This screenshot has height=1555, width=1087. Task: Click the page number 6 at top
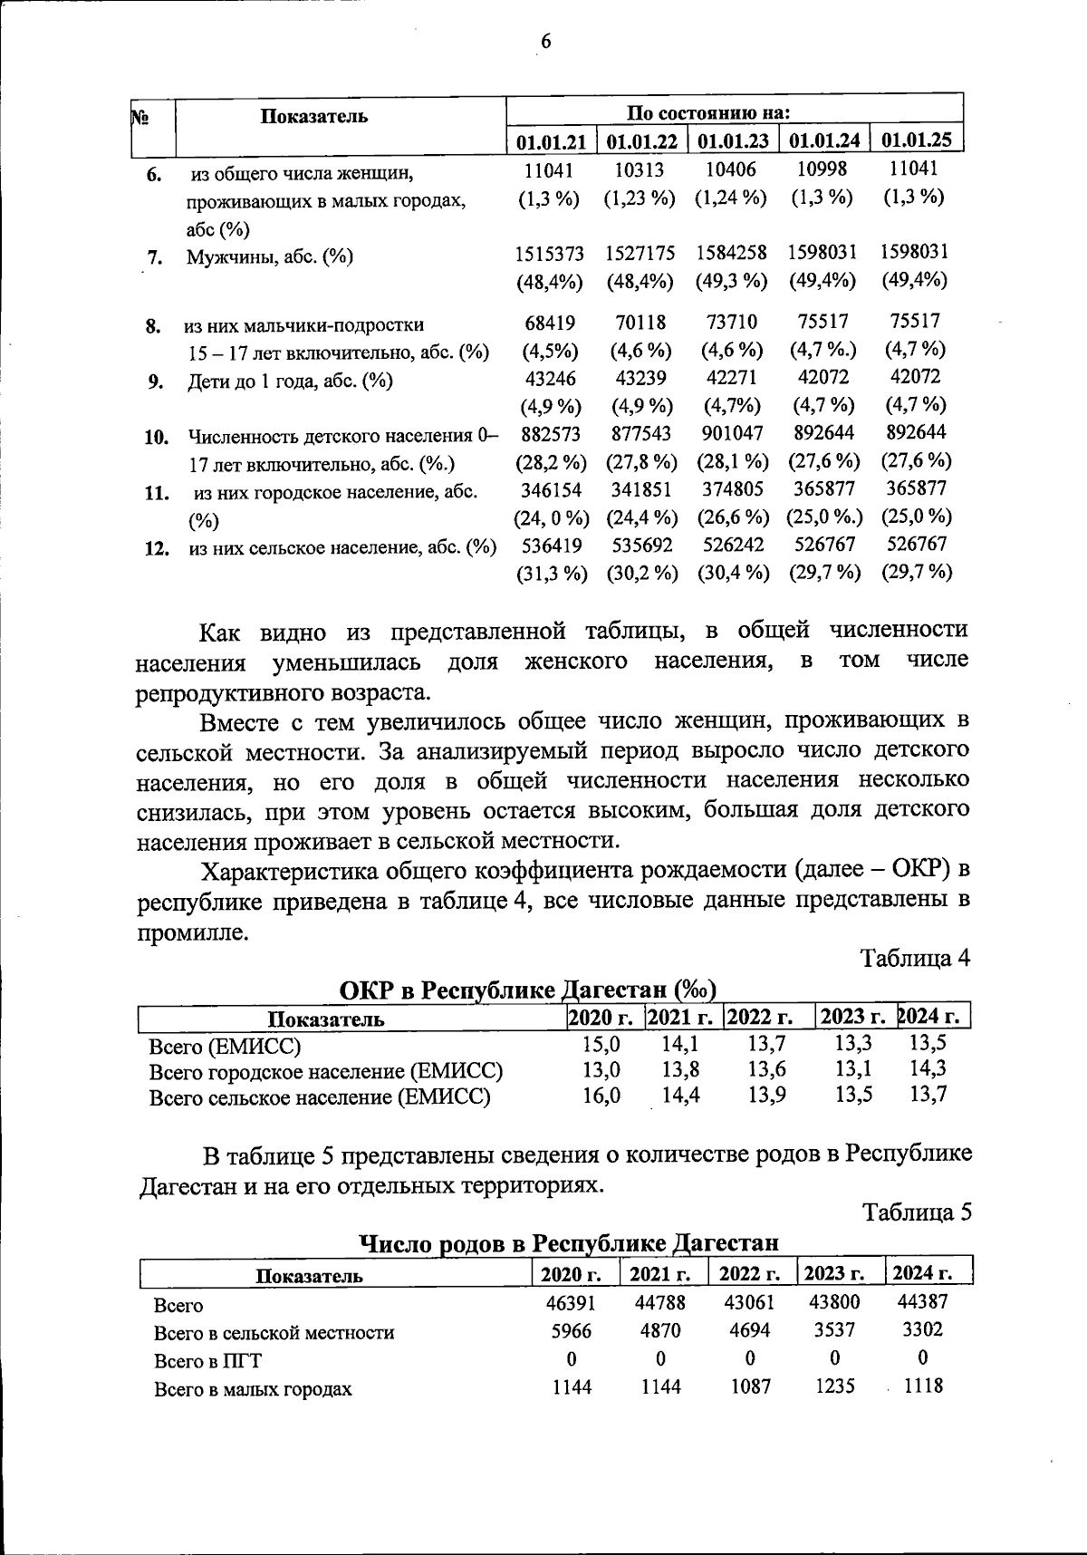point(545,42)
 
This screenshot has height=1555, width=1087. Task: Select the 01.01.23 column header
point(733,140)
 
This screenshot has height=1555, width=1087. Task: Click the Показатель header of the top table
point(314,116)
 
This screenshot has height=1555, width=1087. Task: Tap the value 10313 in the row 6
point(640,169)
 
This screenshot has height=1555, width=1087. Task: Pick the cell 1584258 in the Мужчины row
point(732,253)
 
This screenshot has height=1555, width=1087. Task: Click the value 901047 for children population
point(732,433)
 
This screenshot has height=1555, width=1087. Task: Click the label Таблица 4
point(915,959)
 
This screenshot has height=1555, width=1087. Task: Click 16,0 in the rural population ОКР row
point(601,1095)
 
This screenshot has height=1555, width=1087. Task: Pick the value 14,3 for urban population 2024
point(928,1068)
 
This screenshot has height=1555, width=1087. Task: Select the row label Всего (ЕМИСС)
point(224,1047)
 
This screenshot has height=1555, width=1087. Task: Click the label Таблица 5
point(916,1212)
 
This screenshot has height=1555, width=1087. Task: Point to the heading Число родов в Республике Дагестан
point(569,1243)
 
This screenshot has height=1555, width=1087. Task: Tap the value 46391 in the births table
point(571,1303)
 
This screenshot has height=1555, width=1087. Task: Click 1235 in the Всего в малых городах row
point(834,1386)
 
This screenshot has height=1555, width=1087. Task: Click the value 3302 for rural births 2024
point(923,1329)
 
